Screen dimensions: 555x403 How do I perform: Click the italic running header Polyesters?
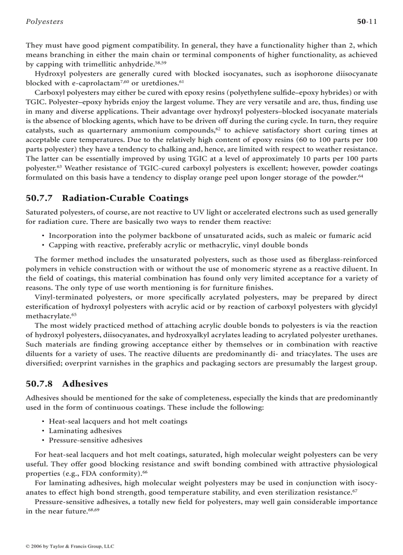44,22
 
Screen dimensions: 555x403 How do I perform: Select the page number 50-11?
367,22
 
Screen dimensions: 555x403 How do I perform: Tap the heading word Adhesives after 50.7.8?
85,384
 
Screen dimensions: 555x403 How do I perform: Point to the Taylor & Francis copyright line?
70,546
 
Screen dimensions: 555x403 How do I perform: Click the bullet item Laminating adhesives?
85,431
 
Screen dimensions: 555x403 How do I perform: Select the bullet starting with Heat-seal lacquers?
118,422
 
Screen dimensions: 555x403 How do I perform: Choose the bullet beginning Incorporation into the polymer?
210,236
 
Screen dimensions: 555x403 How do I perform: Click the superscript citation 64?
361,176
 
